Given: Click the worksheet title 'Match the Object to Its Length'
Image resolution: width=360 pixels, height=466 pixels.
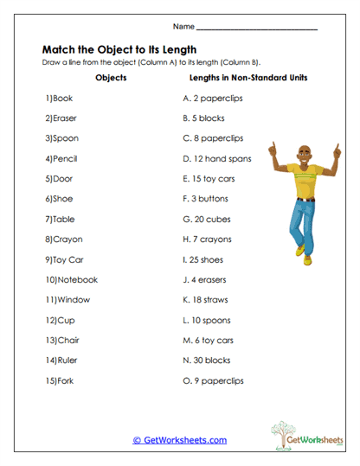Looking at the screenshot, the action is (x=119, y=49).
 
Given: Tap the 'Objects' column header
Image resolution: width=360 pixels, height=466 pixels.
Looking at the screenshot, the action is (x=110, y=79).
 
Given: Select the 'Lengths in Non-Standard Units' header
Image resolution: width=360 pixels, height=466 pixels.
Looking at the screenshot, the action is (x=248, y=79).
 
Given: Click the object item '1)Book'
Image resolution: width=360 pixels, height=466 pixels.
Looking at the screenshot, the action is (x=60, y=99).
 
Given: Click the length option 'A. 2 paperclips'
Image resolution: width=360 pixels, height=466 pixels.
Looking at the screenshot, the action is (x=212, y=99).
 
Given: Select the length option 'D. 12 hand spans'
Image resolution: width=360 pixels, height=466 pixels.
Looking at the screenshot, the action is (x=216, y=159).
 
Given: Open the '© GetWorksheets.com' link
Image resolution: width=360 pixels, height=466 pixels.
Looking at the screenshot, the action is (x=179, y=440).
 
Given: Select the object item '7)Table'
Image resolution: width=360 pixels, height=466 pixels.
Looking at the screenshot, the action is (x=61, y=220).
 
